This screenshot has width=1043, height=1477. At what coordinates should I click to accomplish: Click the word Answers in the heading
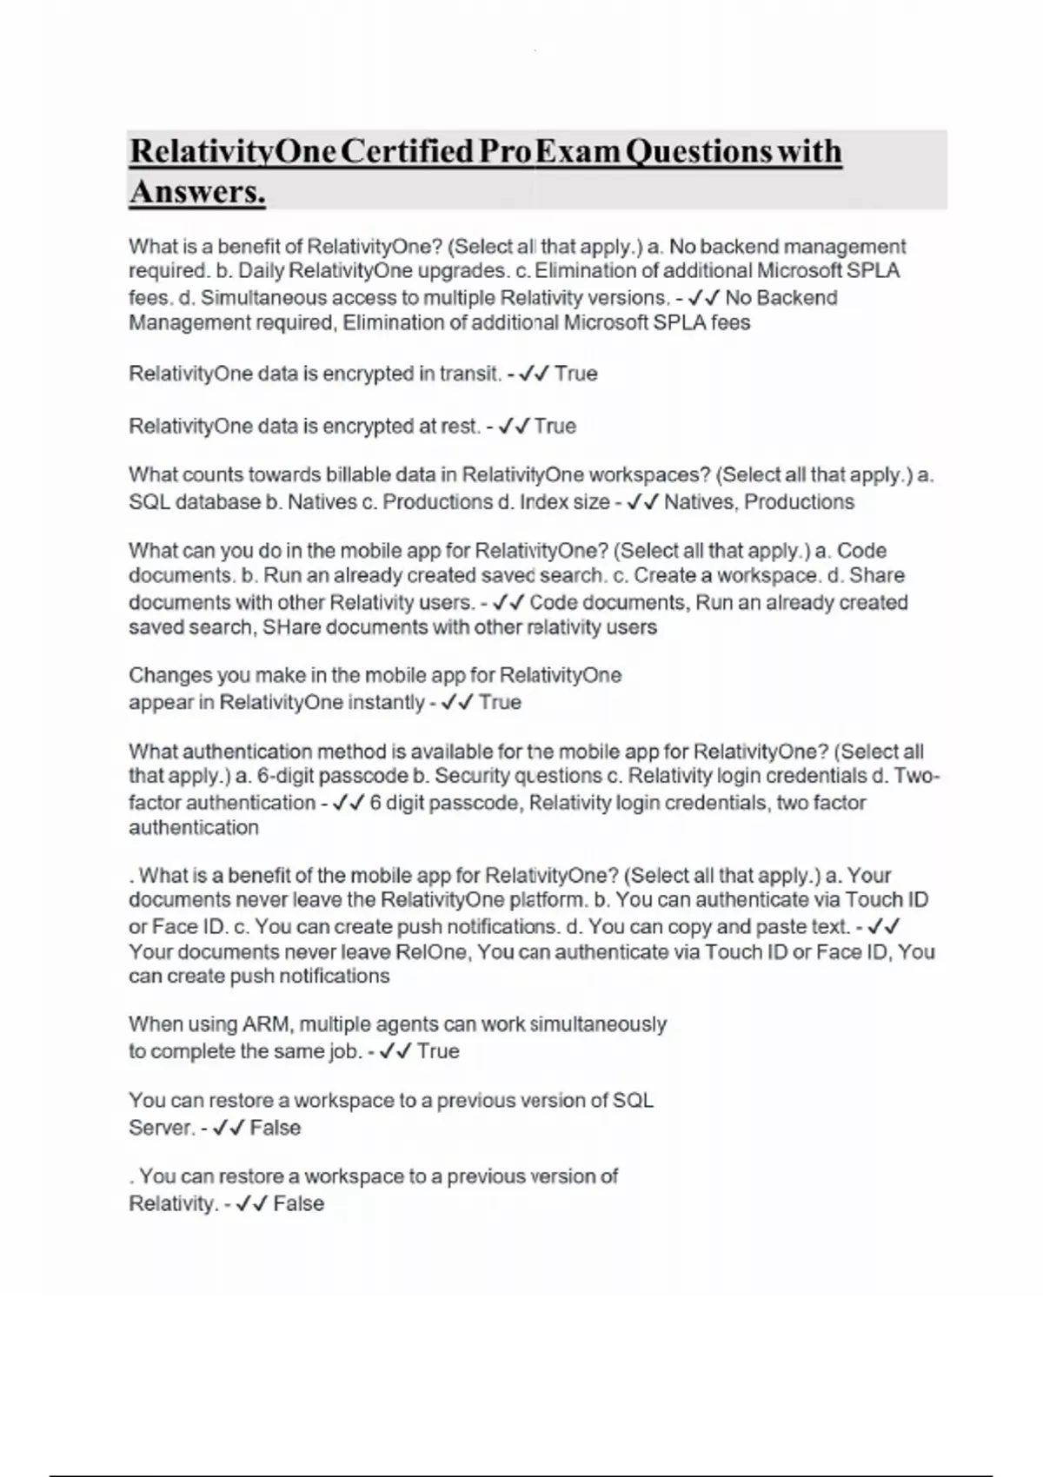[196, 192]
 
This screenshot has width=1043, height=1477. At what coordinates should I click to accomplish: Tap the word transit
[470, 374]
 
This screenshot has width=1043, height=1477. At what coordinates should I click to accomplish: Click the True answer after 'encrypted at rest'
[555, 427]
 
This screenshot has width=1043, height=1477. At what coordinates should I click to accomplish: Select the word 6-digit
[296, 776]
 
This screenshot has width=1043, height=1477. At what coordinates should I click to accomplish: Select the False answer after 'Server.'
[276, 1128]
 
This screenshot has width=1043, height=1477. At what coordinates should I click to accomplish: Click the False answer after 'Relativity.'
[298, 1204]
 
